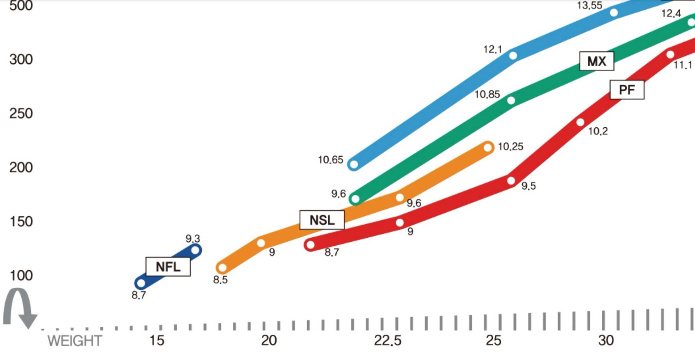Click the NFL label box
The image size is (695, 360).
coord(168,267)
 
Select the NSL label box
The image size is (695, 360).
coord(322,220)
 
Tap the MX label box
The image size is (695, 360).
coord(597,61)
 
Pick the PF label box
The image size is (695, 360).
coord(627,90)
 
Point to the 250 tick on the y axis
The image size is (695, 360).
coord(21,114)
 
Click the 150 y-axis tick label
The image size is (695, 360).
coord(21,221)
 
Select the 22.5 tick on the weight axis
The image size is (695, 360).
coord(388,340)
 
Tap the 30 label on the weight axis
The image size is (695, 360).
coord(606,340)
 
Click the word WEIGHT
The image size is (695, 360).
coord(75,341)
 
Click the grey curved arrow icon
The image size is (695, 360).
coord(20,308)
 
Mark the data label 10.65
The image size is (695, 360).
coord(330,160)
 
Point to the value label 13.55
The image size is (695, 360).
coord(590,5)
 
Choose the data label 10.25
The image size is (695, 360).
coord(510,147)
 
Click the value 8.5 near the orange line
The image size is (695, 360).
coord(220,280)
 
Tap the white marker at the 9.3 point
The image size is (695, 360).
coord(195,250)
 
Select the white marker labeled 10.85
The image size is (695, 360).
coord(511,100)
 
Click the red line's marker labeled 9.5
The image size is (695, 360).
coord(511,181)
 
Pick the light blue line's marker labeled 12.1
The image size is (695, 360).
coord(513,55)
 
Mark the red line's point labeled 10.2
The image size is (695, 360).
coord(580,122)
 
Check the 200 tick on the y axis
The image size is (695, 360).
coord(21,168)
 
